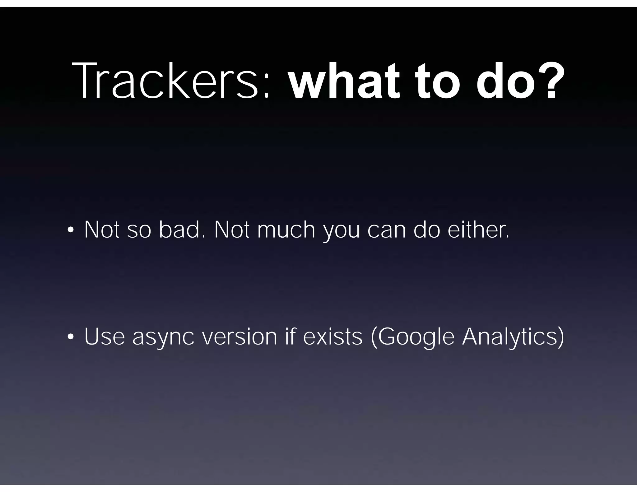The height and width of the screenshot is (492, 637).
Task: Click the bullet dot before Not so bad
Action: (70, 230)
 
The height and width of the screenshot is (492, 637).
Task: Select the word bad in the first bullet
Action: (180, 230)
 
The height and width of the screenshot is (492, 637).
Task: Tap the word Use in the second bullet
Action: (105, 337)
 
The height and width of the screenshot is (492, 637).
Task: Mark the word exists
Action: (333, 337)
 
